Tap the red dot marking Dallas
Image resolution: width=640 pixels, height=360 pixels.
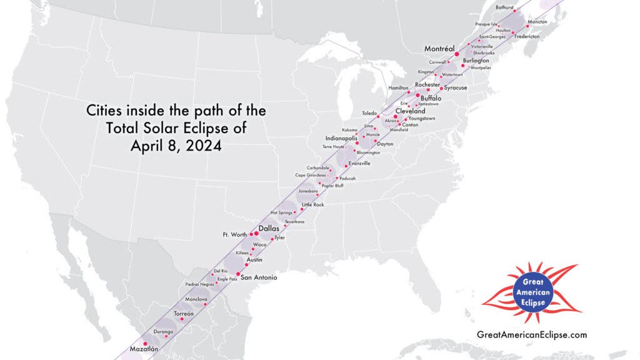click(x=256, y=234)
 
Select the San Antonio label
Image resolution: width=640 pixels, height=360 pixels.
click(x=259, y=277)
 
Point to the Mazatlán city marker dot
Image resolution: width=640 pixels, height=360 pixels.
click(x=145, y=343)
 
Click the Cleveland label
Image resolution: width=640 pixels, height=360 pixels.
click(x=410, y=111)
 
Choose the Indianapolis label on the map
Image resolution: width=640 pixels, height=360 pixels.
click(x=341, y=137)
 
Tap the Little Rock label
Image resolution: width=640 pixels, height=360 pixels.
click(x=313, y=205)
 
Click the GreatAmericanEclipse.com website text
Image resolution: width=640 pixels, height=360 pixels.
click(x=532, y=335)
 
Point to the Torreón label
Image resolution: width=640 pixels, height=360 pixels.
click(x=184, y=312)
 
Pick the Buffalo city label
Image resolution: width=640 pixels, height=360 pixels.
click(x=431, y=98)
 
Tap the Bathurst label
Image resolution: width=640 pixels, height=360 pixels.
click(x=504, y=7)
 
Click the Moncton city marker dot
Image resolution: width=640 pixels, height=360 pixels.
click(x=527, y=26)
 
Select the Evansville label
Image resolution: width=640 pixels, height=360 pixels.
click(x=359, y=163)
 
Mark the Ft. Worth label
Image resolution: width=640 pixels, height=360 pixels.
click(x=235, y=235)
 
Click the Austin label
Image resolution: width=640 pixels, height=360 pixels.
click(x=254, y=259)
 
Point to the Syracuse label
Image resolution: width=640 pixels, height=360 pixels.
click(x=456, y=88)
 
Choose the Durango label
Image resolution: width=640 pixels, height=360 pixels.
click(x=163, y=331)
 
